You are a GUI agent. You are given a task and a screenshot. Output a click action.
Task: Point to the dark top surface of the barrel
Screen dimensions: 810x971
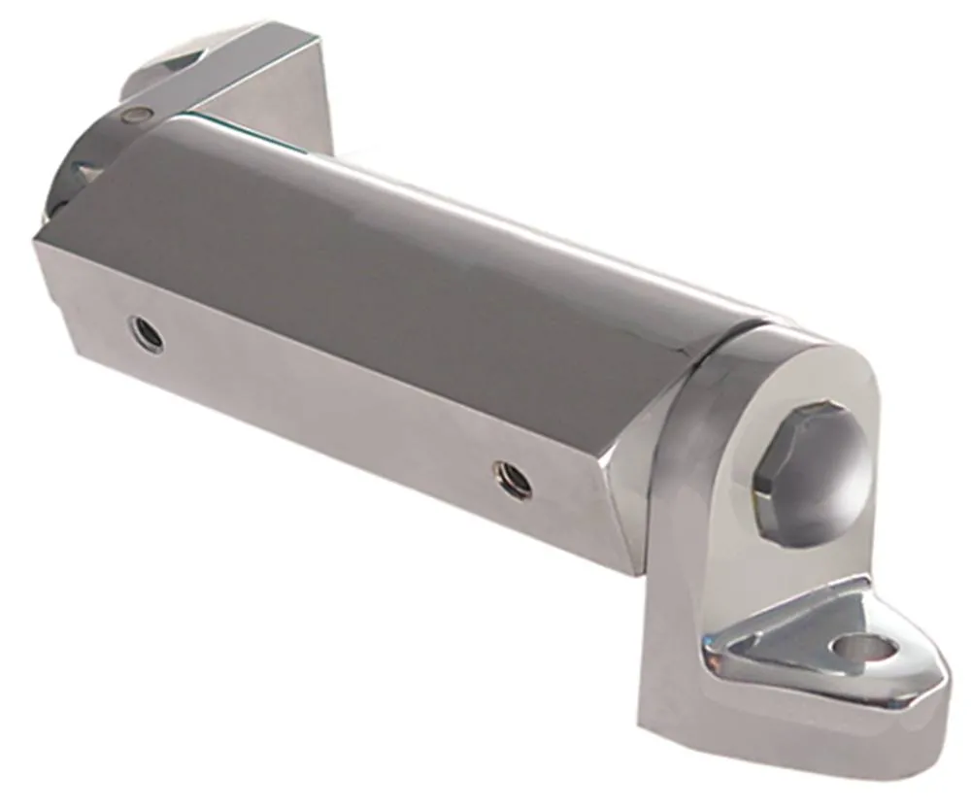coord(388,262)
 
